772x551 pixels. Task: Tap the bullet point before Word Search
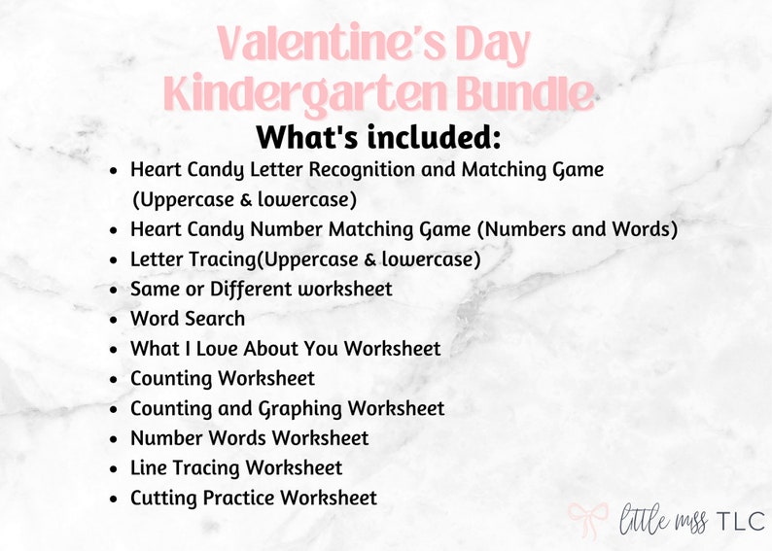coord(115,319)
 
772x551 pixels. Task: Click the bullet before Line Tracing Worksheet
coord(115,468)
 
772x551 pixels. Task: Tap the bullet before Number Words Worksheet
coord(115,438)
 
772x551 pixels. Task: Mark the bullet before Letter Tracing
coord(115,259)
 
